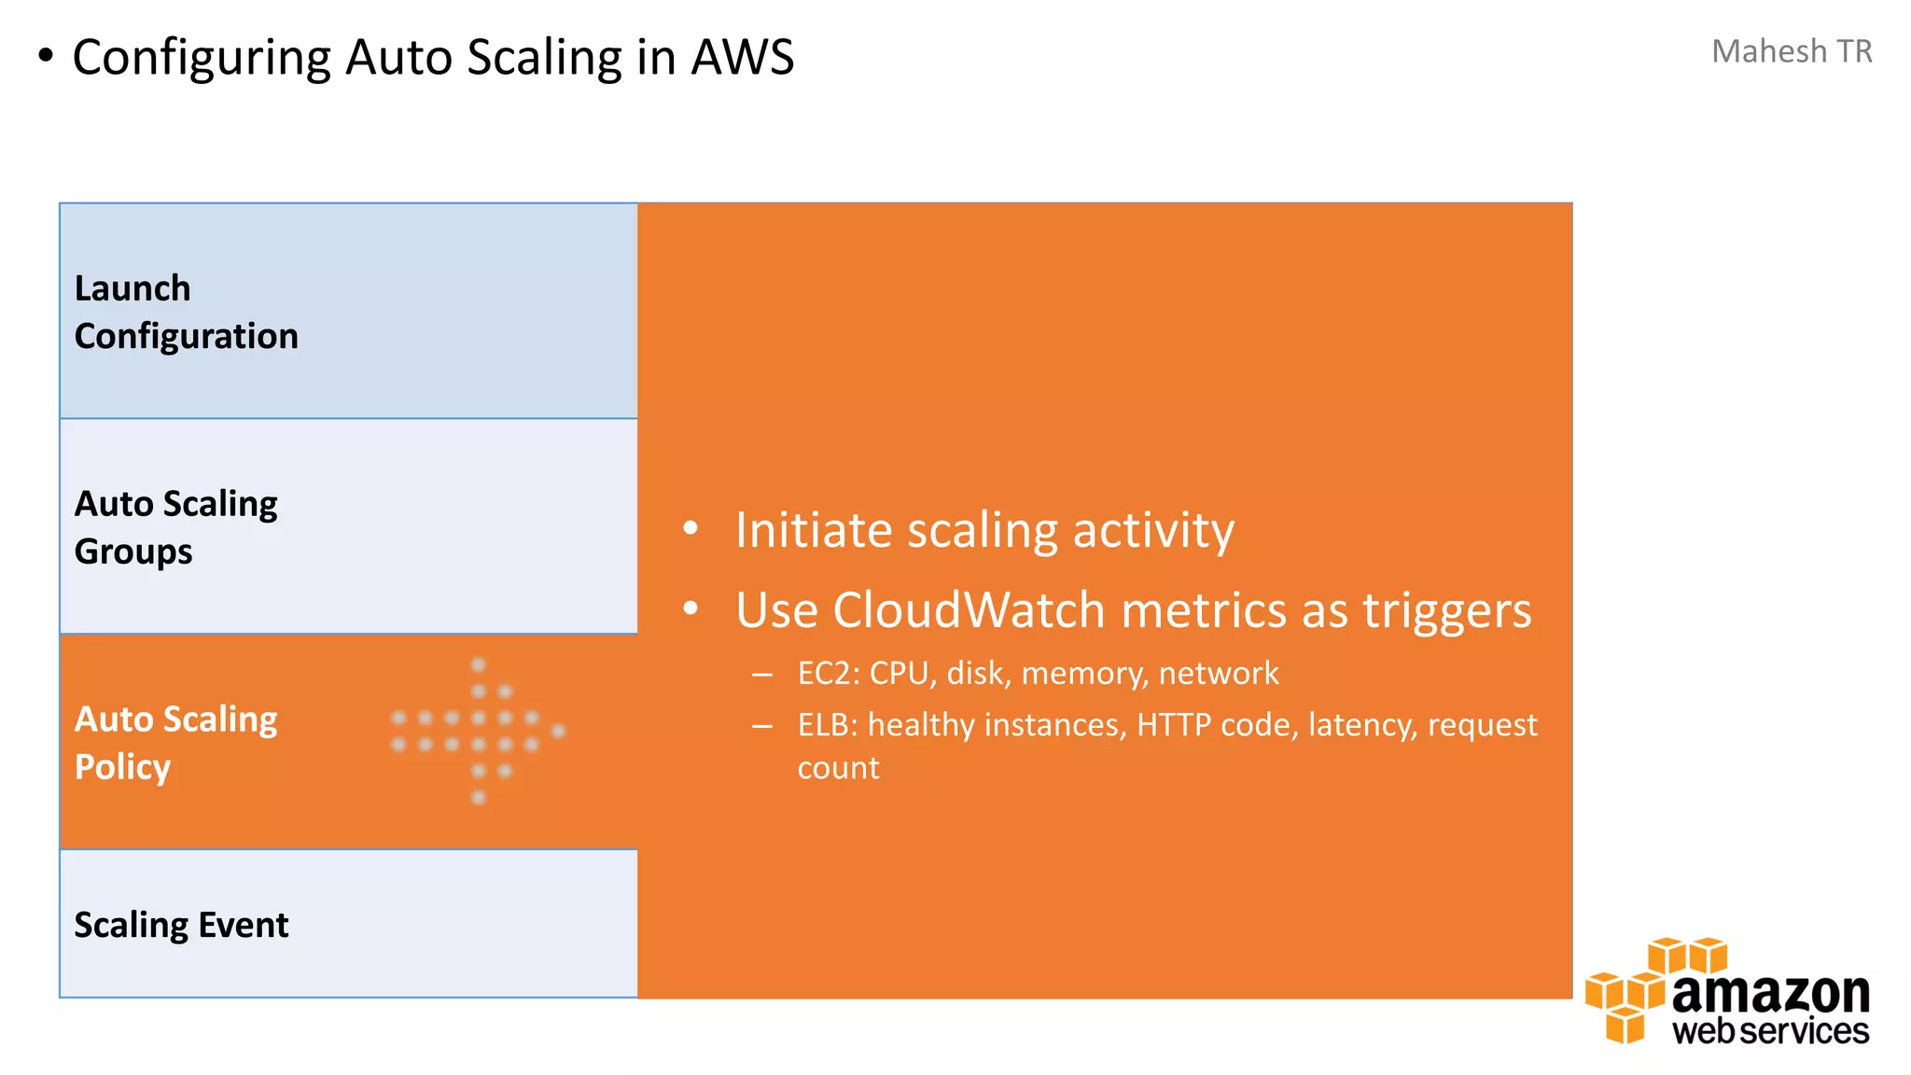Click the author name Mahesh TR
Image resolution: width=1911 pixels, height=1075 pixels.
(1791, 51)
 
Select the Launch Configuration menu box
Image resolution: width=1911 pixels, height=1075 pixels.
(348, 311)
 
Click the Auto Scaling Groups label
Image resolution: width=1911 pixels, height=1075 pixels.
(175, 527)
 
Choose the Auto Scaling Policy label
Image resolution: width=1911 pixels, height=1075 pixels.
(175, 743)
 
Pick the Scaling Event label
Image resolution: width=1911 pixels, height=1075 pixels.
(181, 925)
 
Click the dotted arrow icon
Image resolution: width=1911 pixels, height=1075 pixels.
(478, 731)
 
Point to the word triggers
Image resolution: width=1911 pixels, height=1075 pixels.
(1446, 610)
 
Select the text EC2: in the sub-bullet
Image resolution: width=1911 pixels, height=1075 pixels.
(829, 673)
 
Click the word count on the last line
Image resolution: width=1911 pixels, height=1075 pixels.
(838, 768)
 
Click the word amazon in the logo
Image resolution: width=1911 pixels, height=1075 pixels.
(1770, 993)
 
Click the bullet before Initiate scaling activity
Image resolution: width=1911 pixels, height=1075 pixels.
(690, 529)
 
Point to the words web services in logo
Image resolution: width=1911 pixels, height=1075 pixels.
(1770, 1031)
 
